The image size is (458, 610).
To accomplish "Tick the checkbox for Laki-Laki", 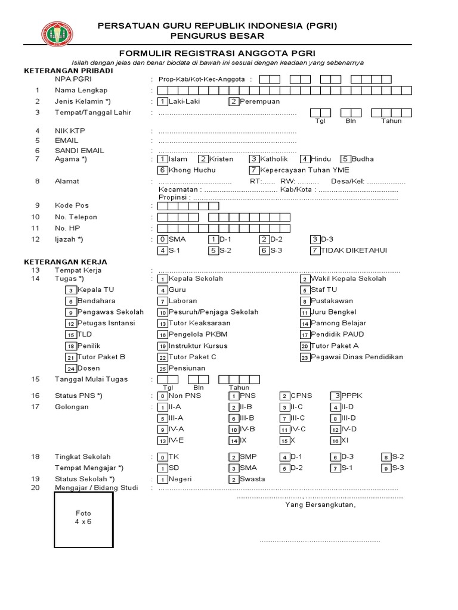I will (x=162, y=101).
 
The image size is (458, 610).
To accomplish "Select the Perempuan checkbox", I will (x=234, y=101).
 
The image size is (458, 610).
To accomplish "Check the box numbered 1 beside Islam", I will (x=162, y=159).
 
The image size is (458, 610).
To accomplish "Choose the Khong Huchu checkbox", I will (x=162, y=170).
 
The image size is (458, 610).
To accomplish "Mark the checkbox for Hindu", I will (x=305, y=159).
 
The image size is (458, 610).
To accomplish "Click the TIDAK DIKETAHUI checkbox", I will (x=315, y=250).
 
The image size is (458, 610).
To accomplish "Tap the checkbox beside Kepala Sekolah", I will (x=162, y=279).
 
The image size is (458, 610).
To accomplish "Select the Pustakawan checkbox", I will (x=304, y=301).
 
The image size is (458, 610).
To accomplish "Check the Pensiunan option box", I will (x=162, y=369).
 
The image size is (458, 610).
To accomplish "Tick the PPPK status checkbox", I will (x=337, y=396).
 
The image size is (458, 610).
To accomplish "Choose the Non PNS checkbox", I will (x=162, y=396).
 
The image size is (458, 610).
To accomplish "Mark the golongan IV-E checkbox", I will (x=162, y=441).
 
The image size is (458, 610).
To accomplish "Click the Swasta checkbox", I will (x=234, y=479).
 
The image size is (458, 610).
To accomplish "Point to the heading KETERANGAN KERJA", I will (x=66, y=262).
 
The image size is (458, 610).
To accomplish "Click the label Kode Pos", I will (x=72, y=206).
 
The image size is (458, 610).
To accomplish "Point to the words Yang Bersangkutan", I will (x=320, y=505).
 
